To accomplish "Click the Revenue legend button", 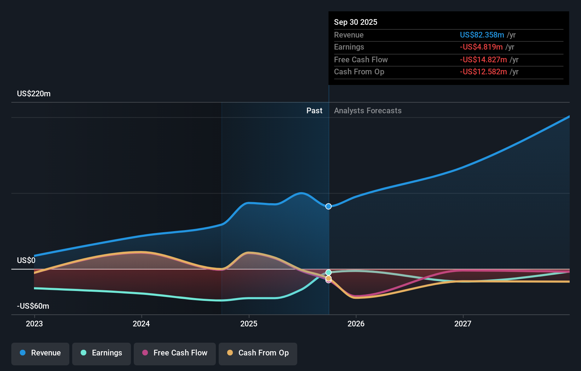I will pos(40,353).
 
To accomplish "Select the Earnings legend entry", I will pos(102,353).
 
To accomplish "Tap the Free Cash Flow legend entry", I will pos(175,353).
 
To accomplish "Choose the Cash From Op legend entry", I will pos(258,353).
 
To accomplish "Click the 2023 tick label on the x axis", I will pos(34,324).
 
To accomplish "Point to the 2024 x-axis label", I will pos(141,324).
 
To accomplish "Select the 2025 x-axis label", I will pos(249,324).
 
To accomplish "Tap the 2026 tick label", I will pos(356,324).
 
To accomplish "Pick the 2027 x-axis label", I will pos(463,324).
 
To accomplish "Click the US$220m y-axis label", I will pos(34,94).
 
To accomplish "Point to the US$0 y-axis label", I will pos(26,261).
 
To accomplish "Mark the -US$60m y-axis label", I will pos(33,306).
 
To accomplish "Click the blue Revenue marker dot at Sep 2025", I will pos(328,206).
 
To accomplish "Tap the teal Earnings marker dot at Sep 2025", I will pos(328,272).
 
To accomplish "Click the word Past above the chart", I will pos(314,111).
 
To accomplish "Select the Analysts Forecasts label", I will pos(368,111).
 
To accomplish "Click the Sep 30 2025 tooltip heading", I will pos(356,22).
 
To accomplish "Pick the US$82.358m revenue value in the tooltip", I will pos(482,35).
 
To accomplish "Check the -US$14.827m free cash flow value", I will pos(483,59).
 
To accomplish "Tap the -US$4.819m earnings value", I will pos(481,47).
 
